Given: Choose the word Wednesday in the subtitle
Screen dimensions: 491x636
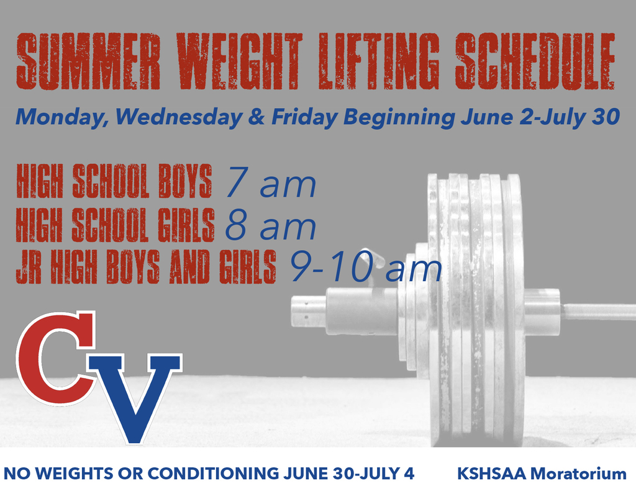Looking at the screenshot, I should pyautogui.click(x=178, y=117).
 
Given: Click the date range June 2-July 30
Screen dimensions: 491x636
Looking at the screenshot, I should pyautogui.click(x=540, y=117).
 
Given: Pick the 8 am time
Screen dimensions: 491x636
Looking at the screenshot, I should pyautogui.click(x=270, y=227).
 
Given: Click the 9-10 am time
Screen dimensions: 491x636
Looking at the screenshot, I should pyautogui.click(x=366, y=269).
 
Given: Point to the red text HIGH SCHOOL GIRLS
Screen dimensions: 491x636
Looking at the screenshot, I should pyautogui.click(x=115, y=225).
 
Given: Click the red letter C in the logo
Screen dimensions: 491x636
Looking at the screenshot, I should pyautogui.click(x=53, y=357).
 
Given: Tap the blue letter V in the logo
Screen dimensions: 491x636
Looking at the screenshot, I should pyautogui.click(x=134, y=394).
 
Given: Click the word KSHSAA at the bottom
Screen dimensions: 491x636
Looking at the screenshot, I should pyautogui.click(x=493, y=474).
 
